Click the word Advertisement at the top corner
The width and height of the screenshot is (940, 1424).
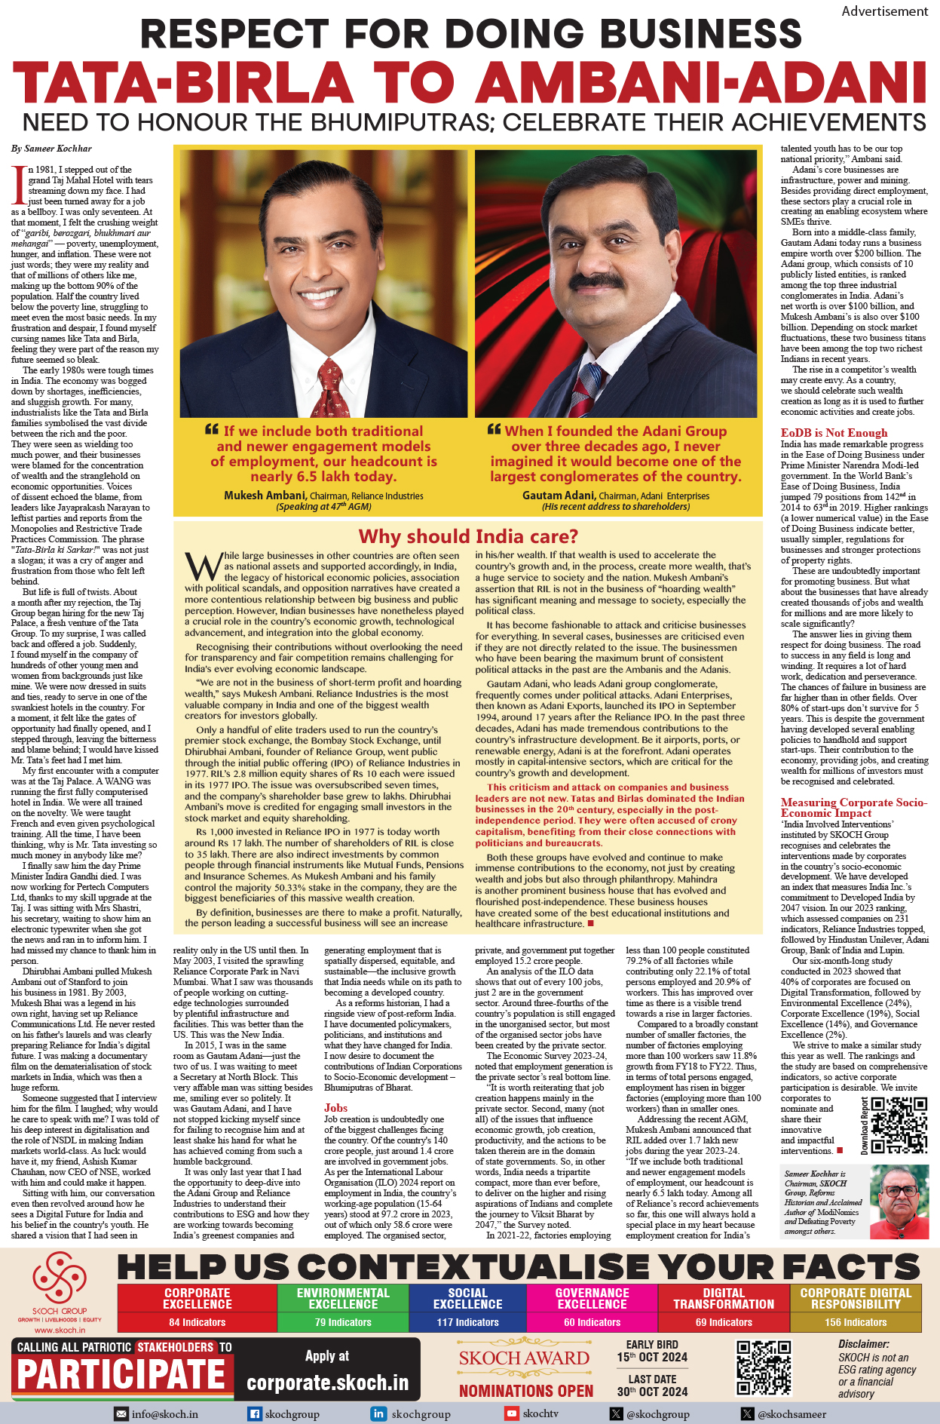pyautogui.click(x=884, y=11)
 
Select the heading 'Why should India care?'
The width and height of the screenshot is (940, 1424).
pyautogui.click(x=468, y=536)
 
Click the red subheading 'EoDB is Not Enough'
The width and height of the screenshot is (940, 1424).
pyautogui.click(x=834, y=433)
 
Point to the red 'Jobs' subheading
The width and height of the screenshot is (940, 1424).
pyautogui.click(x=335, y=1108)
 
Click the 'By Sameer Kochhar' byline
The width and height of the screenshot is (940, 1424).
pyautogui.click(x=51, y=149)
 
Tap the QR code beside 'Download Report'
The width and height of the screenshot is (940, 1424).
pyautogui.click(x=899, y=1125)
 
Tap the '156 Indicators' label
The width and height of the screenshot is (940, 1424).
pyautogui.click(x=856, y=1322)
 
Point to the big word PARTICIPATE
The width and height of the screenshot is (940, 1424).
pyautogui.click(x=121, y=1374)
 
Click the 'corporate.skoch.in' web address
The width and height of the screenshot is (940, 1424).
pyautogui.click(x=327, y=1383)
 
